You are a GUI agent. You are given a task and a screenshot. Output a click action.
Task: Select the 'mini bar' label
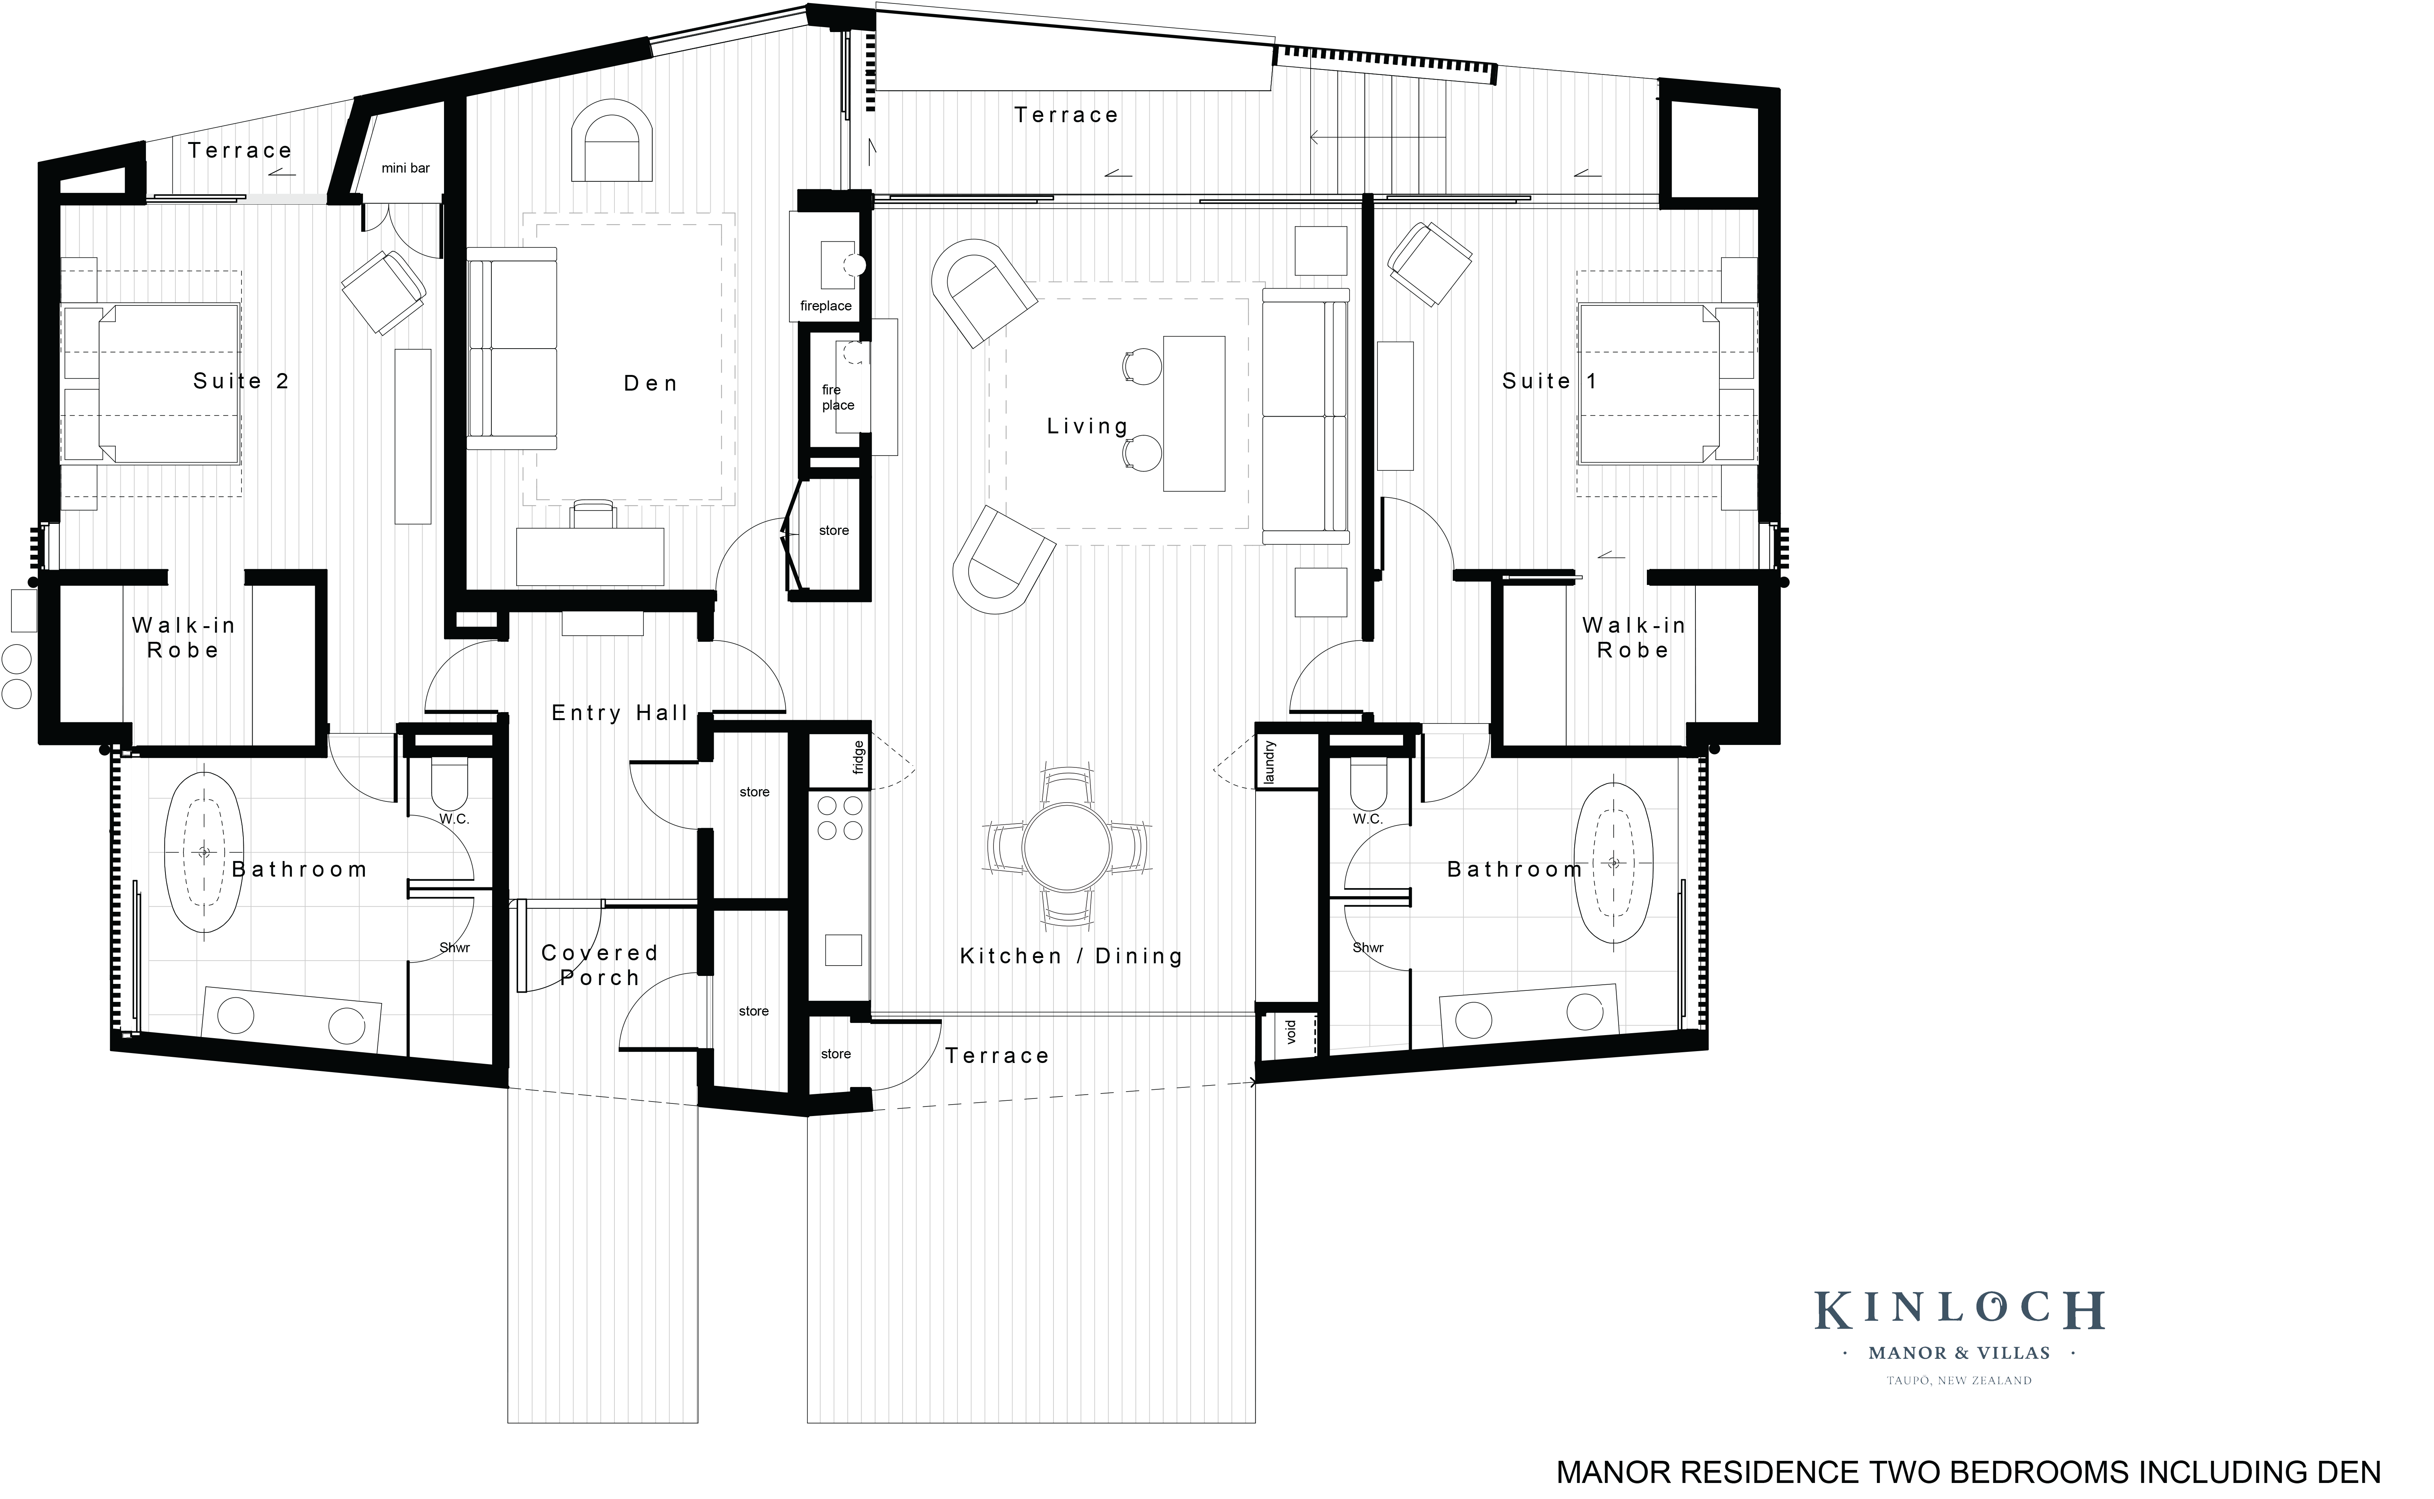[x=406, y=168]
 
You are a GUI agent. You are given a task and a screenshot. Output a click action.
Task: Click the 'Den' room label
[x=651, y=384]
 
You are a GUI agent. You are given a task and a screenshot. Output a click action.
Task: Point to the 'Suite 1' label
[x=1549, y=382]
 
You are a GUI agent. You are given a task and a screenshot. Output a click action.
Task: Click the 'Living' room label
[x=1088, y=426]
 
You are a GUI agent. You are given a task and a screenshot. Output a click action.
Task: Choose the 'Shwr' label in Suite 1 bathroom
[x=1368, y=948]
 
